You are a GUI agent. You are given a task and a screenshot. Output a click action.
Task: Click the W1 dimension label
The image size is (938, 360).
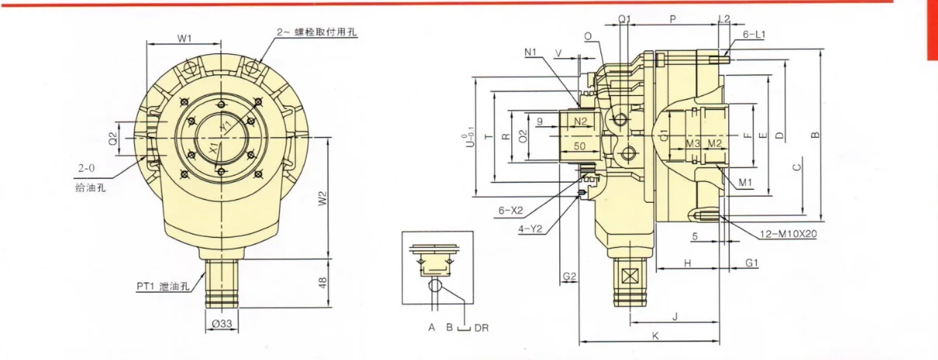[184, 38]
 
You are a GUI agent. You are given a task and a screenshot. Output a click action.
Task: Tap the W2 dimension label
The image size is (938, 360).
[323, 199]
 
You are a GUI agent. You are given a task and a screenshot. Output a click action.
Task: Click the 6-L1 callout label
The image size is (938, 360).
[754, 35]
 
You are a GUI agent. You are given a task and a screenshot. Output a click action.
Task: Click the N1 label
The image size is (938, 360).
[531, 52]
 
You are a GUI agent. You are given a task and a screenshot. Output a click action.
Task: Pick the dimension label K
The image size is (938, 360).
[655, 336]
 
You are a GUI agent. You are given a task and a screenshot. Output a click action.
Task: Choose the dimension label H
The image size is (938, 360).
[687, 264]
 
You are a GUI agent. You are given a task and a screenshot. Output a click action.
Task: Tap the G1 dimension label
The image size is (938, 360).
[751, 264]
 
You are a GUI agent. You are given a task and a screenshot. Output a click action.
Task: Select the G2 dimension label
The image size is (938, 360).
[569, 276]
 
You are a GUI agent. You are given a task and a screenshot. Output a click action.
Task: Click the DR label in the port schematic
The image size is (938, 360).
[481, 327]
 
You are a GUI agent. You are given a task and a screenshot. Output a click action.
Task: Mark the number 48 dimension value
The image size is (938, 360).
[323, 283]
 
